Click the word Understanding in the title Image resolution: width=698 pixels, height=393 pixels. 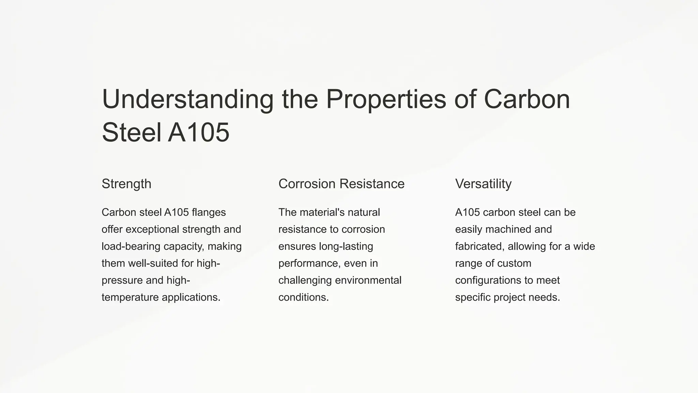[x=187, y=99]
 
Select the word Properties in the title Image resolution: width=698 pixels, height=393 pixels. [x=386, y=99]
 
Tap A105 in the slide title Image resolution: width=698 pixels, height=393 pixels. [x=199, y=132]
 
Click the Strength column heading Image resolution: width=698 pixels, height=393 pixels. [x=126, y=184]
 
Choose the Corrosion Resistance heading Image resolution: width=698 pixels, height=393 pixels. [x=341, y=184]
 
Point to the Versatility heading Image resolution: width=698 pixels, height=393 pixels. [x=483, y=184]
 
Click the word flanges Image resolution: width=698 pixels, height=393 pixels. [x=209, y=212]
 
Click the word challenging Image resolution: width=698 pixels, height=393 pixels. [x=305, y=280]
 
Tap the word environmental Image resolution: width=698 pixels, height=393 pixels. [x=368, y=280]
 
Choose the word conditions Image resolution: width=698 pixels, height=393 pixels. [x=303, y=297]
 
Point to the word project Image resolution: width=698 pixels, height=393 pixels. [x=509, y=297]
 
